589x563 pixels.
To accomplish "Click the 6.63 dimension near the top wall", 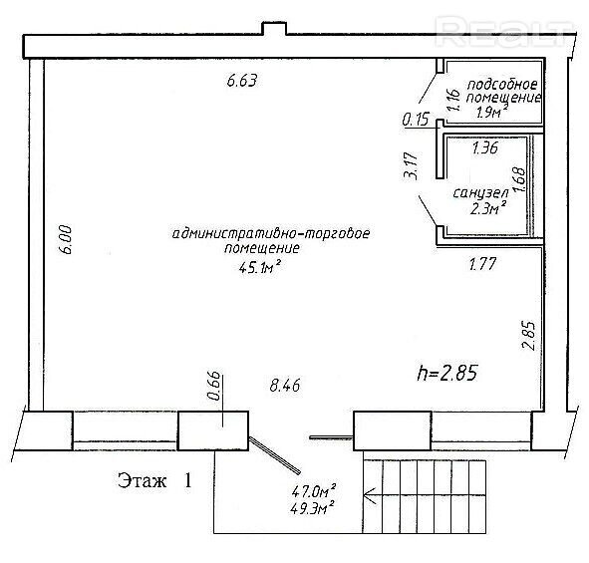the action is coord(242,81).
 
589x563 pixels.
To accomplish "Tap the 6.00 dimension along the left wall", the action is coord(66,239).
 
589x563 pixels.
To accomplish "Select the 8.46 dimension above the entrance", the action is coord(285,386).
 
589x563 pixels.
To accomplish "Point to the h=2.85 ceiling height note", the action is coord(447,374).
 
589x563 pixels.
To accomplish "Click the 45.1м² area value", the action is coord(260,267).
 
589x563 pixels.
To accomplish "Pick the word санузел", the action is coord(480,193).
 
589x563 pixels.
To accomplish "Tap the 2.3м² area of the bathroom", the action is coord(488,207).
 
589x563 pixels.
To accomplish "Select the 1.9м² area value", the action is coord(492,112).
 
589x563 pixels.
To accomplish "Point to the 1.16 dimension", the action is coord(453,100).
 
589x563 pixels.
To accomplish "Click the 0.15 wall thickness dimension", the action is coord(416,120).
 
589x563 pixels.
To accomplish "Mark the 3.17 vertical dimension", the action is coord(411,165).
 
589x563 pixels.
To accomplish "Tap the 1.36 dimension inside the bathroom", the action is coord(485,147).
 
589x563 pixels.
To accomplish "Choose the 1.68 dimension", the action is coord(520,179).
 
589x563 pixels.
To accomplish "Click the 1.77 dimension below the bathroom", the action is coord(483,264).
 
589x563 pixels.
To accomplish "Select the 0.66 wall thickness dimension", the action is coord(214,386).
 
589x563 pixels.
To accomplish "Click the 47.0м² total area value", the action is coord(314,490).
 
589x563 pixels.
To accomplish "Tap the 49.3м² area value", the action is coord(313,508).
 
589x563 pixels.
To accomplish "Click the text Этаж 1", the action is coord(154,480).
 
